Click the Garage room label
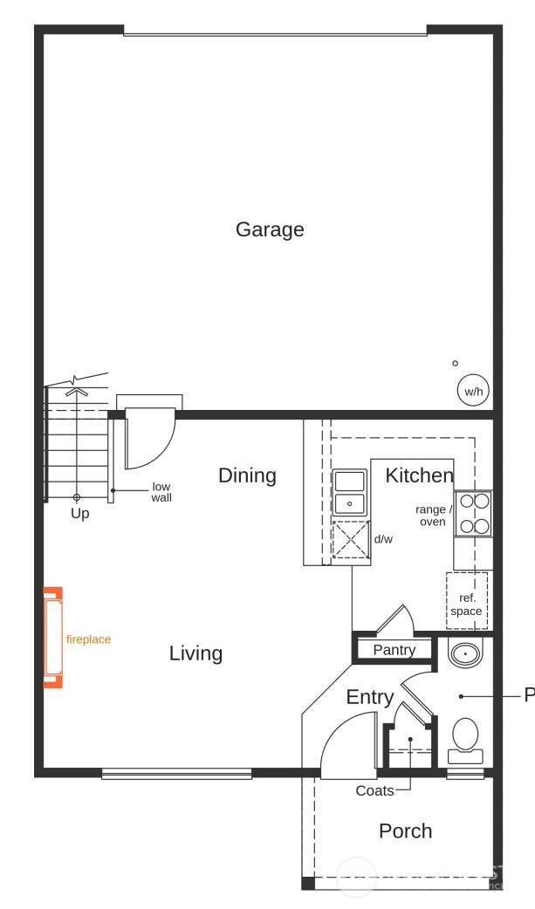[x=270, y=229]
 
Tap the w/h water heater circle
[x=472, y=392]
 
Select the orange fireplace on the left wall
[x=54, y=637]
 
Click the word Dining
[x=247, y=475]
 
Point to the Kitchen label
[x=419, y=475]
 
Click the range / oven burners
[x=473, y=514]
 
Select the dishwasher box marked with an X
[x=350, y=539]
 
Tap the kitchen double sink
[x=350, y=493]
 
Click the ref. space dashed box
[x=466, y=599]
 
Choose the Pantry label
[x=394, y=650]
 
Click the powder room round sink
[x=464, y=653]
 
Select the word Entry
[x=370, y=697]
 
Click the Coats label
[x=374, y=791]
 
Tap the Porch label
[x=405, y=830]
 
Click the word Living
[x=195, y=653]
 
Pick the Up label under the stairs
[x=79, y=514]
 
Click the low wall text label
[x=161, y=492]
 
